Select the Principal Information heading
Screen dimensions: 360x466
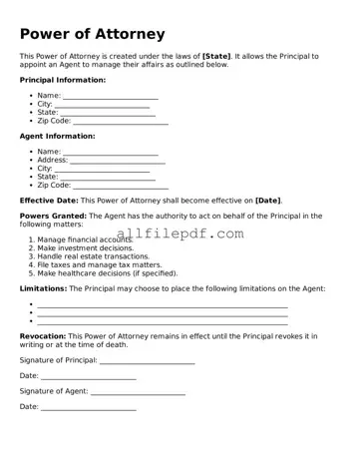(x=62, y=80)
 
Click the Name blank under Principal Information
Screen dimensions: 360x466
(x=110, y=97)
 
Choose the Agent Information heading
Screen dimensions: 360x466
(x=58, y=136)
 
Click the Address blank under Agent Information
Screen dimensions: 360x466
(x=117, y=161)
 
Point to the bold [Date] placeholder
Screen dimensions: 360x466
(x=267, y=201)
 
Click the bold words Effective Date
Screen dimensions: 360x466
(x=49, y=201)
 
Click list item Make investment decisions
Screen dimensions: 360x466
(x=85, y=247)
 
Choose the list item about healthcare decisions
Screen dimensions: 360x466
(x=99, y=272)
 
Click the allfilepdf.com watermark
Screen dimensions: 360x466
(x=180, y=234)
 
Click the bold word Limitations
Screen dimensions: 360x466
(x=43, y=288)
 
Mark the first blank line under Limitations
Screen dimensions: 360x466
(x=163, y=305)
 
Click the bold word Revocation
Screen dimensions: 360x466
(x=43, y=337)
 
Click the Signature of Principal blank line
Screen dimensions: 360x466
(x=147, y=361)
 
